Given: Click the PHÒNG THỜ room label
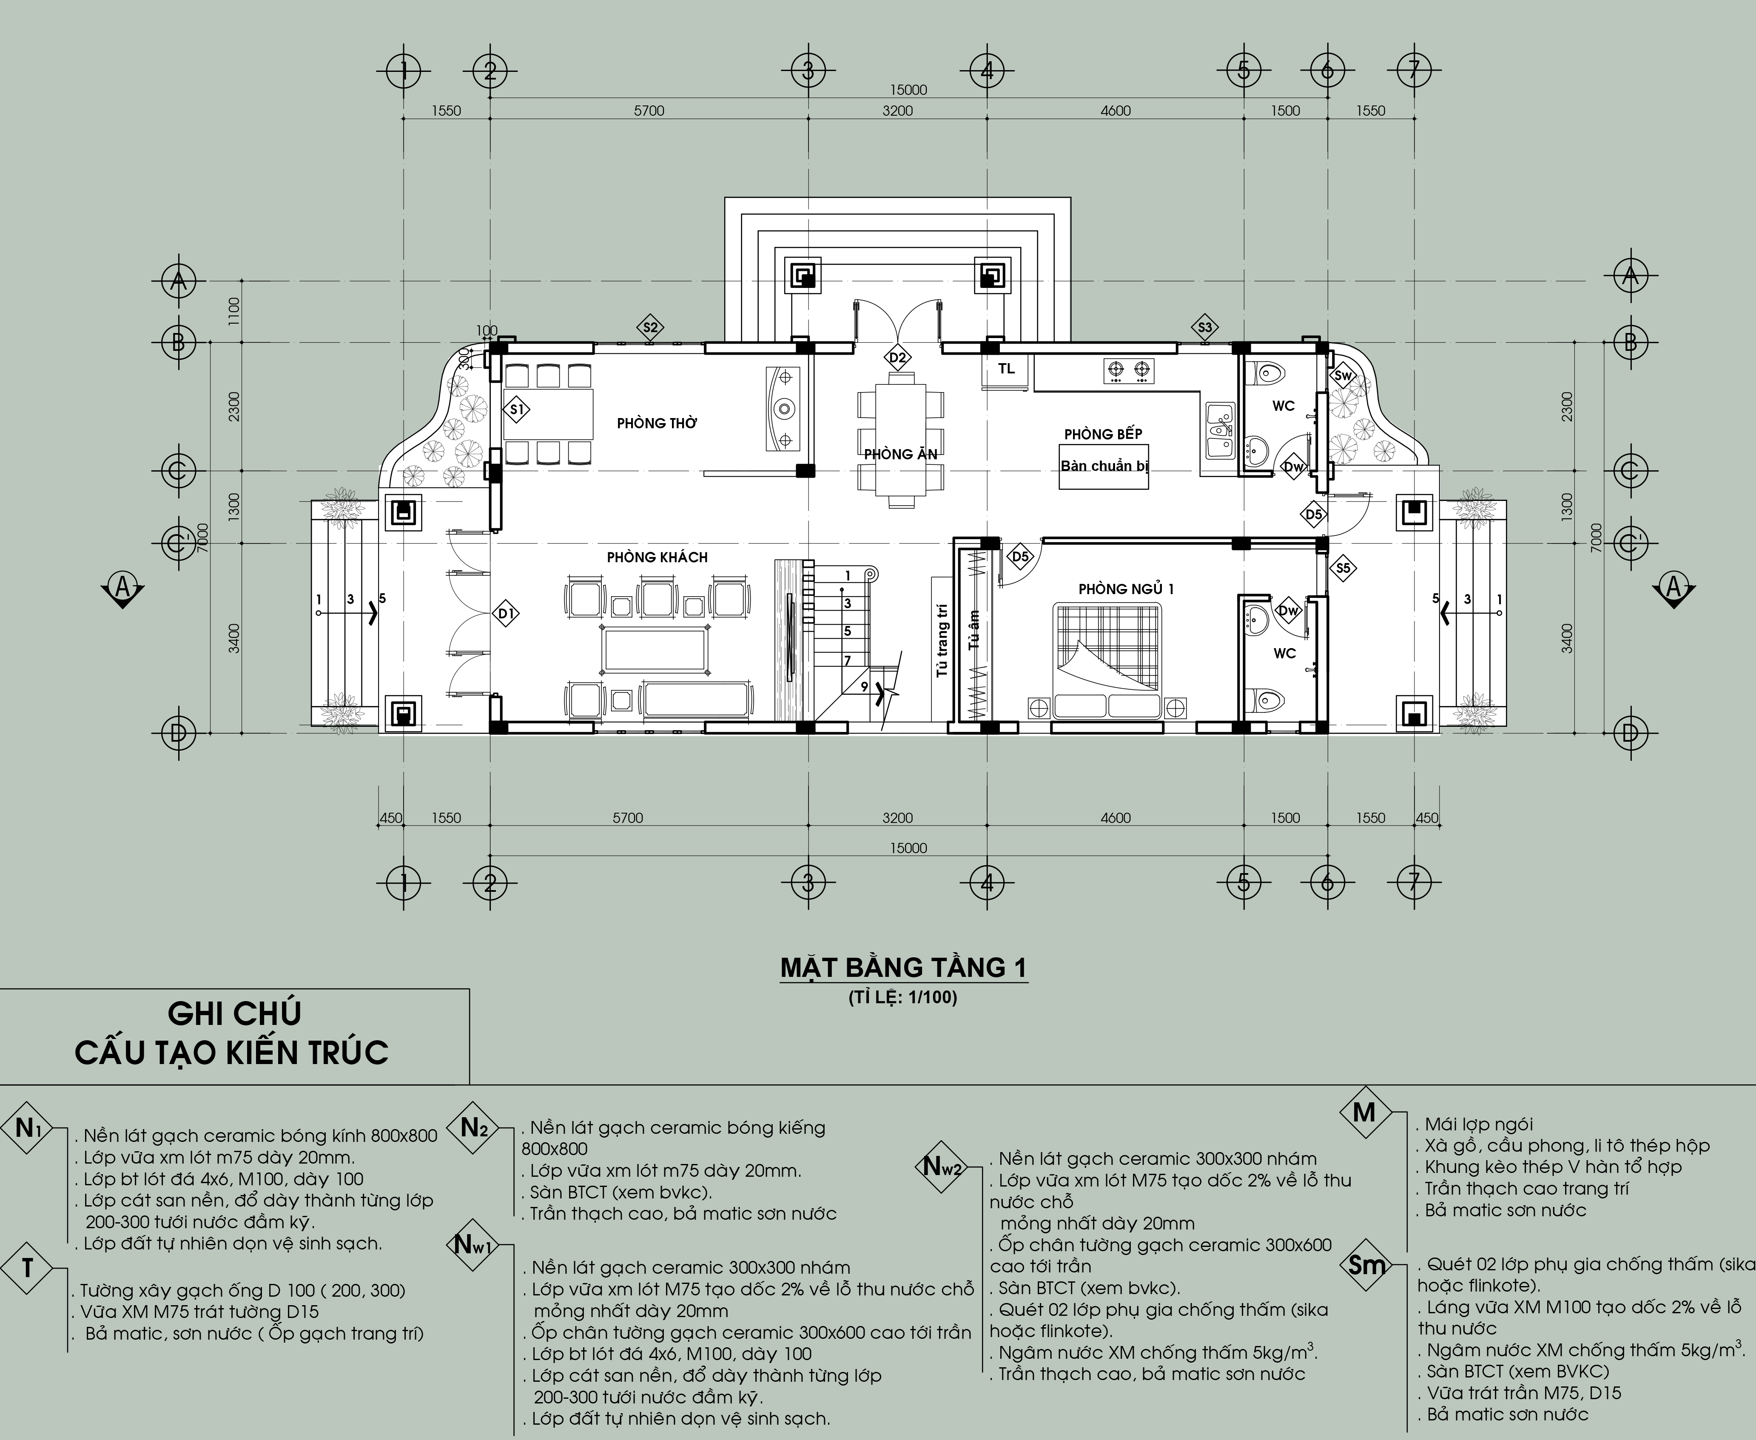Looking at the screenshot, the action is coord(657,423).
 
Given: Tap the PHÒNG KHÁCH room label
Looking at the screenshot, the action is coord(657,558).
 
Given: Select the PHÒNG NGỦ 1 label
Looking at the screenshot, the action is coord(1126,589).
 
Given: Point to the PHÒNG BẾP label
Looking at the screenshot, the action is coord(1103,434).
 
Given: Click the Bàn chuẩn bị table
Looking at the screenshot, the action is coord(1104,466).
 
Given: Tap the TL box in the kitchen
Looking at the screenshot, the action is coord(1006,370).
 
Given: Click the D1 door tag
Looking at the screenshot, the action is coord(506,614).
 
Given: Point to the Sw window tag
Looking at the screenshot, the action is coord(1343,376).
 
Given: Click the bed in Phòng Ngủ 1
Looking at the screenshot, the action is coord(1107,661).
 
